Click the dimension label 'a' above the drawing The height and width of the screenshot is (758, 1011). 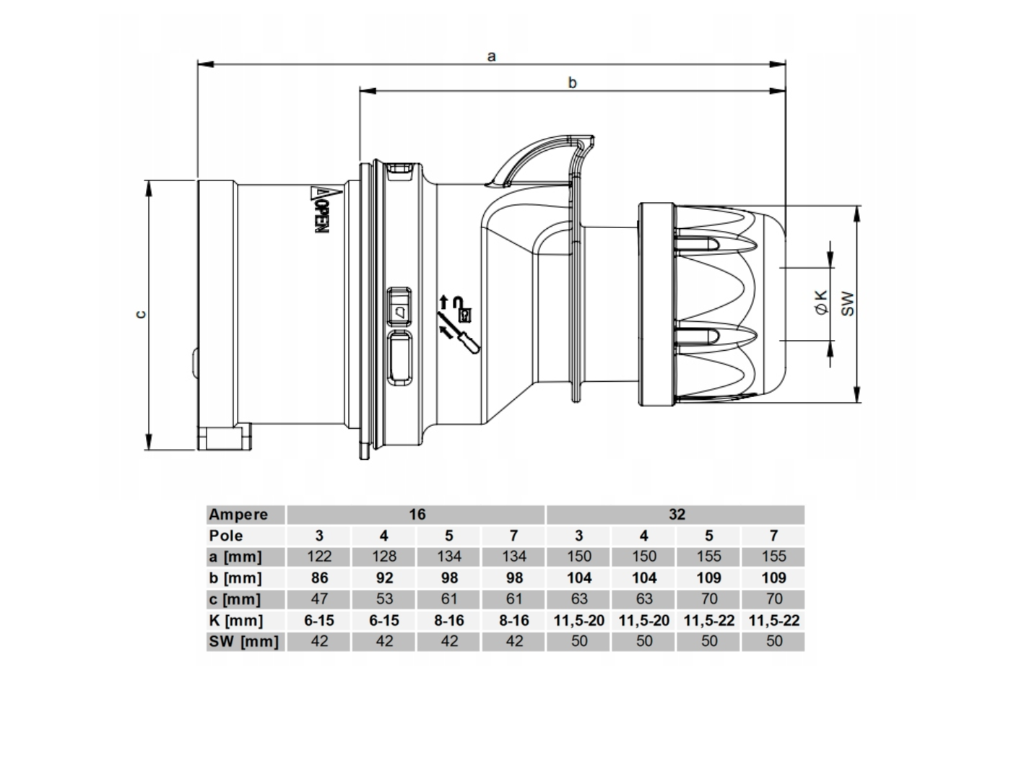point(492,56)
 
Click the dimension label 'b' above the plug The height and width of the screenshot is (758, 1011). point(572,82)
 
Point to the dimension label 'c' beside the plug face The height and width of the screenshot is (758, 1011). point(142,314)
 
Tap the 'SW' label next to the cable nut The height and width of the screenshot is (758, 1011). point(847,304)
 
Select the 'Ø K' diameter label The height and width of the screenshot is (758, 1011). point(821,302)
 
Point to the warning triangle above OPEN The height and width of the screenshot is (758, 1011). point(320,193)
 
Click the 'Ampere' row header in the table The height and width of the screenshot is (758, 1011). point(238,515)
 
